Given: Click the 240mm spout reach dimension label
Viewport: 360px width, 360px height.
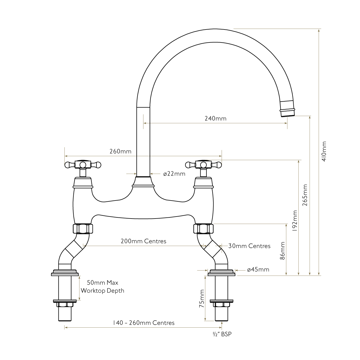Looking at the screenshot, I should pyautogui.click(x=215, y=118).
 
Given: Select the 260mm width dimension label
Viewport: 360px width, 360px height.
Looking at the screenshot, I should pyautogui.click(x=120, y=151).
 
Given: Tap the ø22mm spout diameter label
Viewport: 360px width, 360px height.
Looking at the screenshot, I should pyautogui.click(x=174, y=174).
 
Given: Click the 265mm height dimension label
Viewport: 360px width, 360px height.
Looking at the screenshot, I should pyautogui.click(x=305, y=195).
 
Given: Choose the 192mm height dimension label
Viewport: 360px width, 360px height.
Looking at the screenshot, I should pyautogui.click(x=294, y=221).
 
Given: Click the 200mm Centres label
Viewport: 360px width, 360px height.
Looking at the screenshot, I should pyautogui.click(x=143, y=241).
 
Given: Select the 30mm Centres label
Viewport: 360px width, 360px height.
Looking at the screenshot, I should pyautogui.click(x=249, y=246).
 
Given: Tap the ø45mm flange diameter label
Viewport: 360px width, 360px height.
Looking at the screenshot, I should pyautogui.click(x=258, y=270).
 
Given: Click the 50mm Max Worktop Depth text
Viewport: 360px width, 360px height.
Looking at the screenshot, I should pyautogui.click(x=102, y=287).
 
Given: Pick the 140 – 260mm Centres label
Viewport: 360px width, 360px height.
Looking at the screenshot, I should pyautogui.click(x=143, y=323).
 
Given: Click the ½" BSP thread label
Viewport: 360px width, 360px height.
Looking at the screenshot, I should pyautogui.click(x=222, y=334).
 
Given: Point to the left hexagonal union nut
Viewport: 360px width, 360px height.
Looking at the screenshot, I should pyautogui.click(x=83, y=228).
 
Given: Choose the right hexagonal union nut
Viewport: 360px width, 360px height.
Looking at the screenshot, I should pyautogui.click(x=203, y=228).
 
